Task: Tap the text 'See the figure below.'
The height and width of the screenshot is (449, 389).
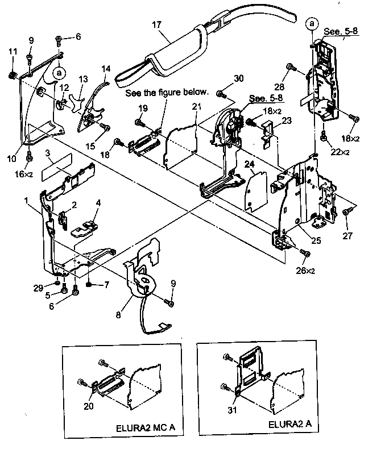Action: click(x=167, y=92)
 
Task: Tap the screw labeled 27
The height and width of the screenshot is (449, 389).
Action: click(x=346, y=211)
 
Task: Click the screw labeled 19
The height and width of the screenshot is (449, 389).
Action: click(x=138, y=121)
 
